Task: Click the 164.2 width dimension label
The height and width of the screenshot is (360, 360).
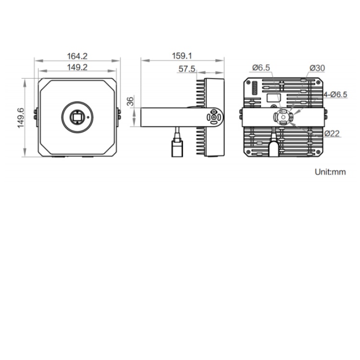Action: (x=77, y=56)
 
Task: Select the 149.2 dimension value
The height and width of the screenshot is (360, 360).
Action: (x=77, y=67)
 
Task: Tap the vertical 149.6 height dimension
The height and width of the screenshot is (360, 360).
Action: (x=21, y=118)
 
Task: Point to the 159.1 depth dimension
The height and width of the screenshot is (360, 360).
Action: (x=182, y=56)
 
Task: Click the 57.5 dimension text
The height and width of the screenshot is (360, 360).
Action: (x=187, y=69)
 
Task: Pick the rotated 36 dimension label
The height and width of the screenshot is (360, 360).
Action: (x=130, y=101)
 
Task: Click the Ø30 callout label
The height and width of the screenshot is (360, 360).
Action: (x=317, y=68)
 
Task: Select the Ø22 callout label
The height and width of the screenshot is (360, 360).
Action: (x=332, y=133)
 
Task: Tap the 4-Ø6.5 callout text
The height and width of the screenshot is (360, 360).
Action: (x=335, y=95)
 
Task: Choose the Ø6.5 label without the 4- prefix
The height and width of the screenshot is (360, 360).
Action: (x=261, y=68)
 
